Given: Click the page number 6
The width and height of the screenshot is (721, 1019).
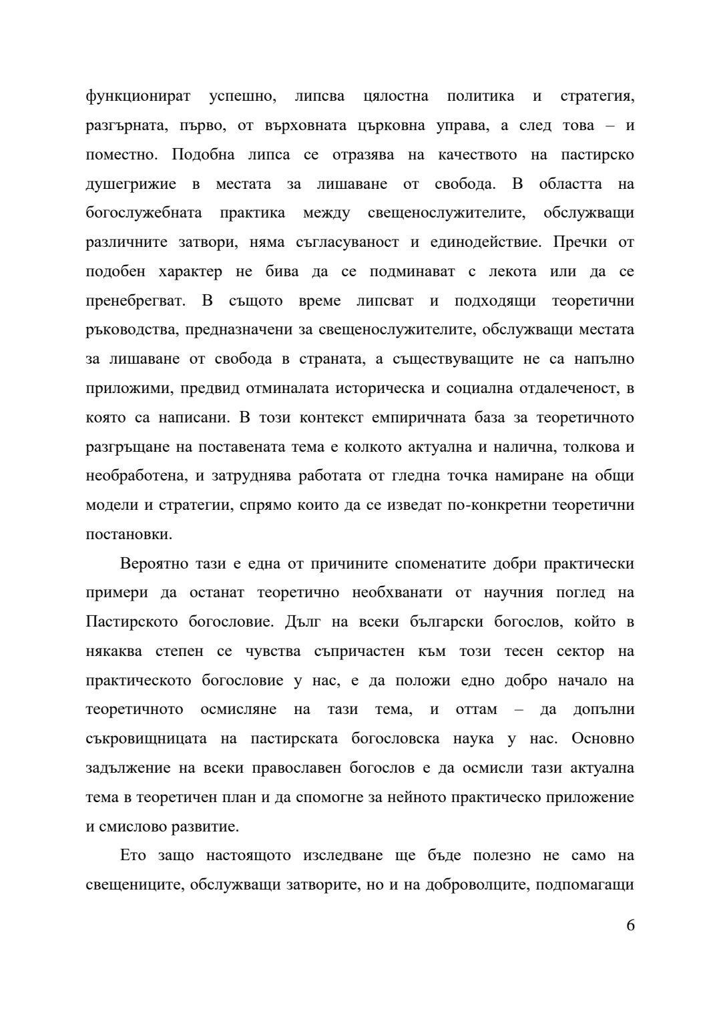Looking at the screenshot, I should (x=630, y=926).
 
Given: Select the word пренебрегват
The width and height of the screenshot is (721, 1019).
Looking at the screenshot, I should (x=136, y=301).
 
